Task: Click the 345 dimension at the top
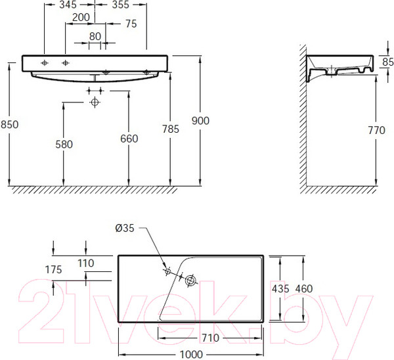[x=68, y=5]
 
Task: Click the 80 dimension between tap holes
[x=96, y=36]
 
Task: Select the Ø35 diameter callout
[x=125, y=228]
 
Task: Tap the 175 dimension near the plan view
[x=53, y=269]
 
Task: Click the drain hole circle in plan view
[x=192, y=281]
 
